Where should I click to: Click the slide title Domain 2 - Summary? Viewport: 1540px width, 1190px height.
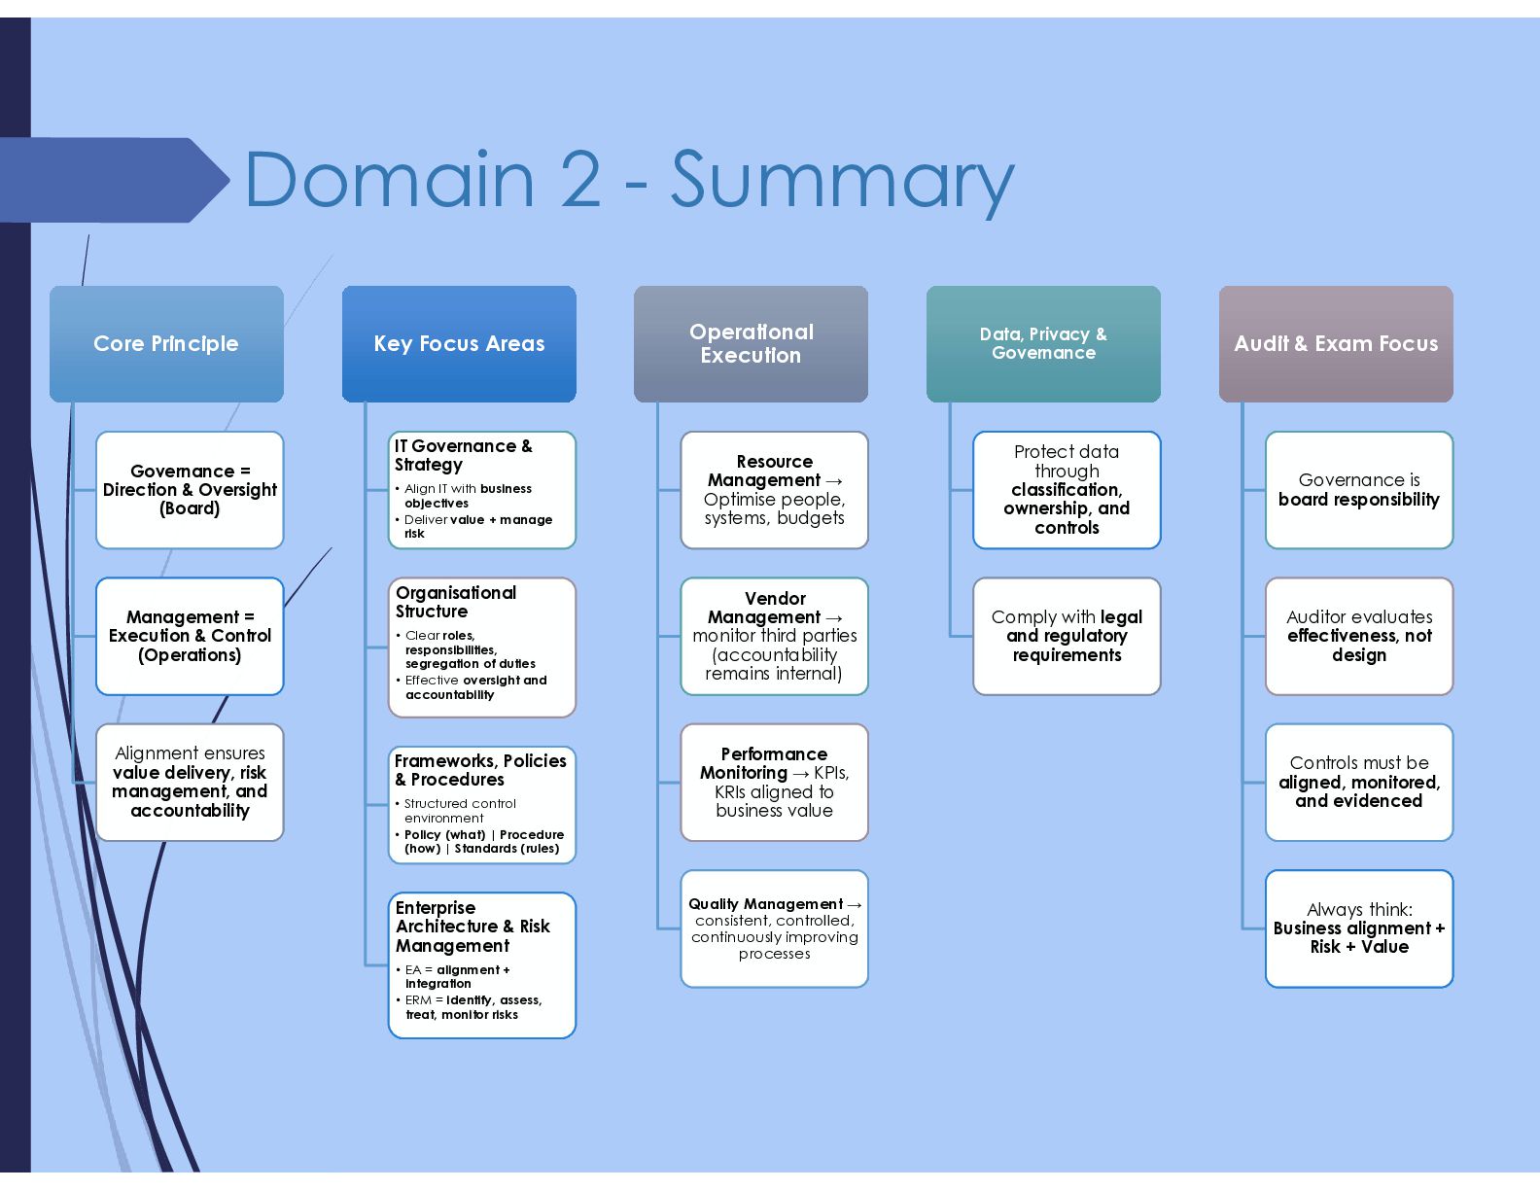629,181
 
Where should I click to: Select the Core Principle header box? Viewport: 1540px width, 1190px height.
166,344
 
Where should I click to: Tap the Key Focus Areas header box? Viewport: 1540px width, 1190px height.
459,344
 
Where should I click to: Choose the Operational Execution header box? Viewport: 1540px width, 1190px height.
752,344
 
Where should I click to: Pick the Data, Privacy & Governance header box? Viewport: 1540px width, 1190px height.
1043,344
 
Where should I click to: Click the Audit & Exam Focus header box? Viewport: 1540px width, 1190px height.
1336,344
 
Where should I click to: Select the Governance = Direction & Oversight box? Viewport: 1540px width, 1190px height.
190,490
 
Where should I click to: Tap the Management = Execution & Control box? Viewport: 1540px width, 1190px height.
190,636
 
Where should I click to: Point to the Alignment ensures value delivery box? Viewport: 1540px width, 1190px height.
190,782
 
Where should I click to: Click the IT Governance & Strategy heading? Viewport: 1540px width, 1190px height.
464,455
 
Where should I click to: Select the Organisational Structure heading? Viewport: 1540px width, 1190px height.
456,602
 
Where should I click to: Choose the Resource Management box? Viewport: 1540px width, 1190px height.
775,490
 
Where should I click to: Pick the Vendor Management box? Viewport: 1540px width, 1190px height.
775,636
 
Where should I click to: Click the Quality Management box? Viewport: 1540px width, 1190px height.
775,928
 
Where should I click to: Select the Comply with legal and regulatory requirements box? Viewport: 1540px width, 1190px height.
1067,636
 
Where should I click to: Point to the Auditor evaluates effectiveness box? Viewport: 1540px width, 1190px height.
1359,636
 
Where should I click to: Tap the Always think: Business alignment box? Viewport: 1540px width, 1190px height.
1359,928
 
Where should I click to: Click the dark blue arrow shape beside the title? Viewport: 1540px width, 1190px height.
115,180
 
